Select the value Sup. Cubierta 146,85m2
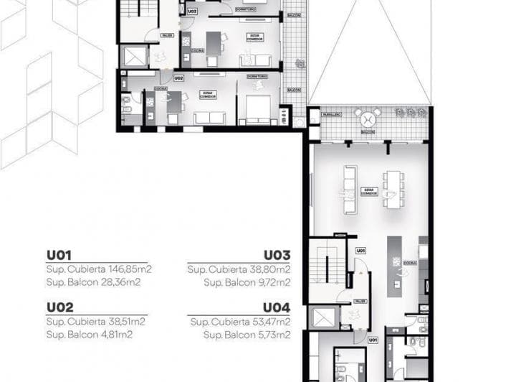(99, 269)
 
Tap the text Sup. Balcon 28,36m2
(93, 282)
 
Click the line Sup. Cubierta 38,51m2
(96, 321)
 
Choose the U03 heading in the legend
(277, 255)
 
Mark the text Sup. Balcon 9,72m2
(247, 282)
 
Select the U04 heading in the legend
(277, 307)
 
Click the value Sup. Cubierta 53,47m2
(241, 321)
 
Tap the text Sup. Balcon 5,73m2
(247, 334)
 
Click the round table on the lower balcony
(369, 117)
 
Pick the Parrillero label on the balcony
(330, 114)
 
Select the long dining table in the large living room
(391, 188)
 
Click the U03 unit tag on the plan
(192, 12)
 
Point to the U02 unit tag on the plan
(178, 78)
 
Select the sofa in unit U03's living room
(261, 60)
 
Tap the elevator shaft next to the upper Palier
(134, 57)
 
